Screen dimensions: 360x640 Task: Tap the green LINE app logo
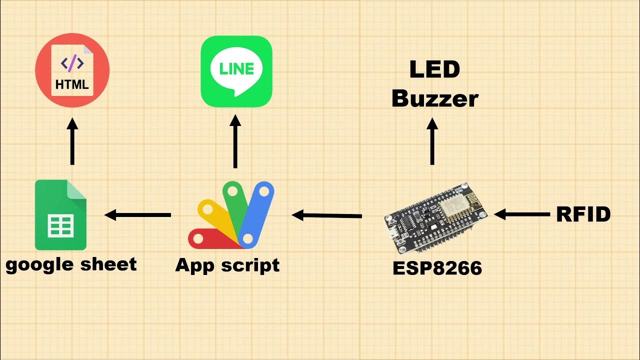click(236, 71)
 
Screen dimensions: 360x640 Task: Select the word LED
click(434, 69)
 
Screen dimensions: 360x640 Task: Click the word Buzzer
click(434, 98)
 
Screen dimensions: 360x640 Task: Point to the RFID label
click(583, 214)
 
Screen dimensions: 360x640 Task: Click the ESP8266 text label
click(437, 268)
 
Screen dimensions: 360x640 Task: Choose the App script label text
click(227, 265)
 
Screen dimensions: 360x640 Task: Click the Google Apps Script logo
click(231, 216)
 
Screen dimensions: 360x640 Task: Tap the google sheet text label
click(71, 264)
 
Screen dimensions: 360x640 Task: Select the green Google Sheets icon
click(60, 215)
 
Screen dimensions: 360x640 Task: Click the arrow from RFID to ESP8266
click(521, 214)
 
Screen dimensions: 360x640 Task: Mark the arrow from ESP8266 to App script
click(327, 215)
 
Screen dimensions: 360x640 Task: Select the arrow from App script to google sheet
click(138, 215)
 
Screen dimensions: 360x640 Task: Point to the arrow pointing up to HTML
click(72, 141)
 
